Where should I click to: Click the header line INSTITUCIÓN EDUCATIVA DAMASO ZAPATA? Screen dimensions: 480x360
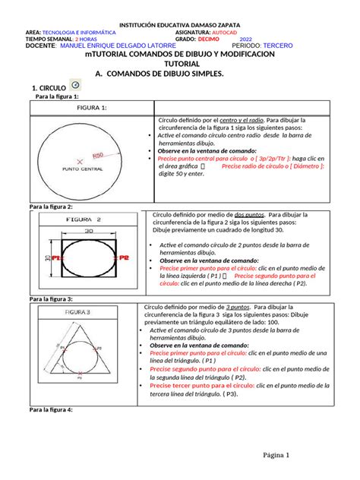click(179, 24)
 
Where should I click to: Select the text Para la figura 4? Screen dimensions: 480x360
click(50, 409)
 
